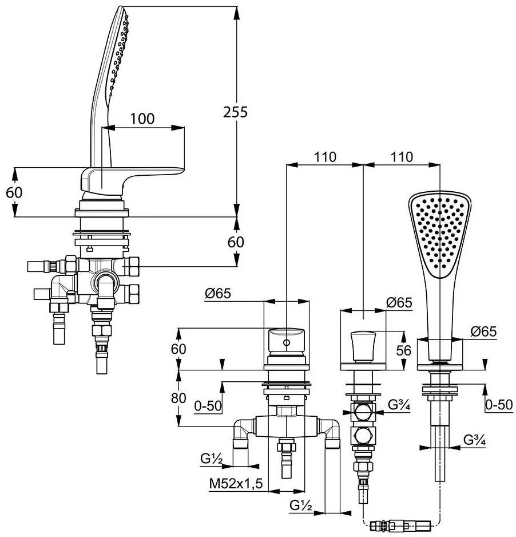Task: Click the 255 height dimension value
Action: tap(235, 112)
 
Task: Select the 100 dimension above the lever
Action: tap(142, 119)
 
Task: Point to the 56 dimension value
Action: tap(404, 350)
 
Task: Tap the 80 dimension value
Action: tap(178, 398)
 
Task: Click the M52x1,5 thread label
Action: tap(236, 483)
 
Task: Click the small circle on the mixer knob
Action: tap(287, 342)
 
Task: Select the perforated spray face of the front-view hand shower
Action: tap(439, 233)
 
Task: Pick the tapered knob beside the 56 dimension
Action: tap(363, 346)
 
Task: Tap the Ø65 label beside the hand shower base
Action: tap(483, 331)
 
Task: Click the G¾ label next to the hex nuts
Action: tap(399, 405)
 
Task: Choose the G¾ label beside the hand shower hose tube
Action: tap(475, 440)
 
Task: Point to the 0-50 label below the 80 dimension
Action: tap(208, 406)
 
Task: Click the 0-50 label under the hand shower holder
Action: tap(499, 405)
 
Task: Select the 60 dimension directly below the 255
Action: tap(236, 242)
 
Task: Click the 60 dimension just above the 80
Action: tap(178, 349)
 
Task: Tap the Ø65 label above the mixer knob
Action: tap(218, 294)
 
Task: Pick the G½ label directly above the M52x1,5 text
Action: tap(212, 458)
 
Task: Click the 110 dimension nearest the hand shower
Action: tap(402, 157)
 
